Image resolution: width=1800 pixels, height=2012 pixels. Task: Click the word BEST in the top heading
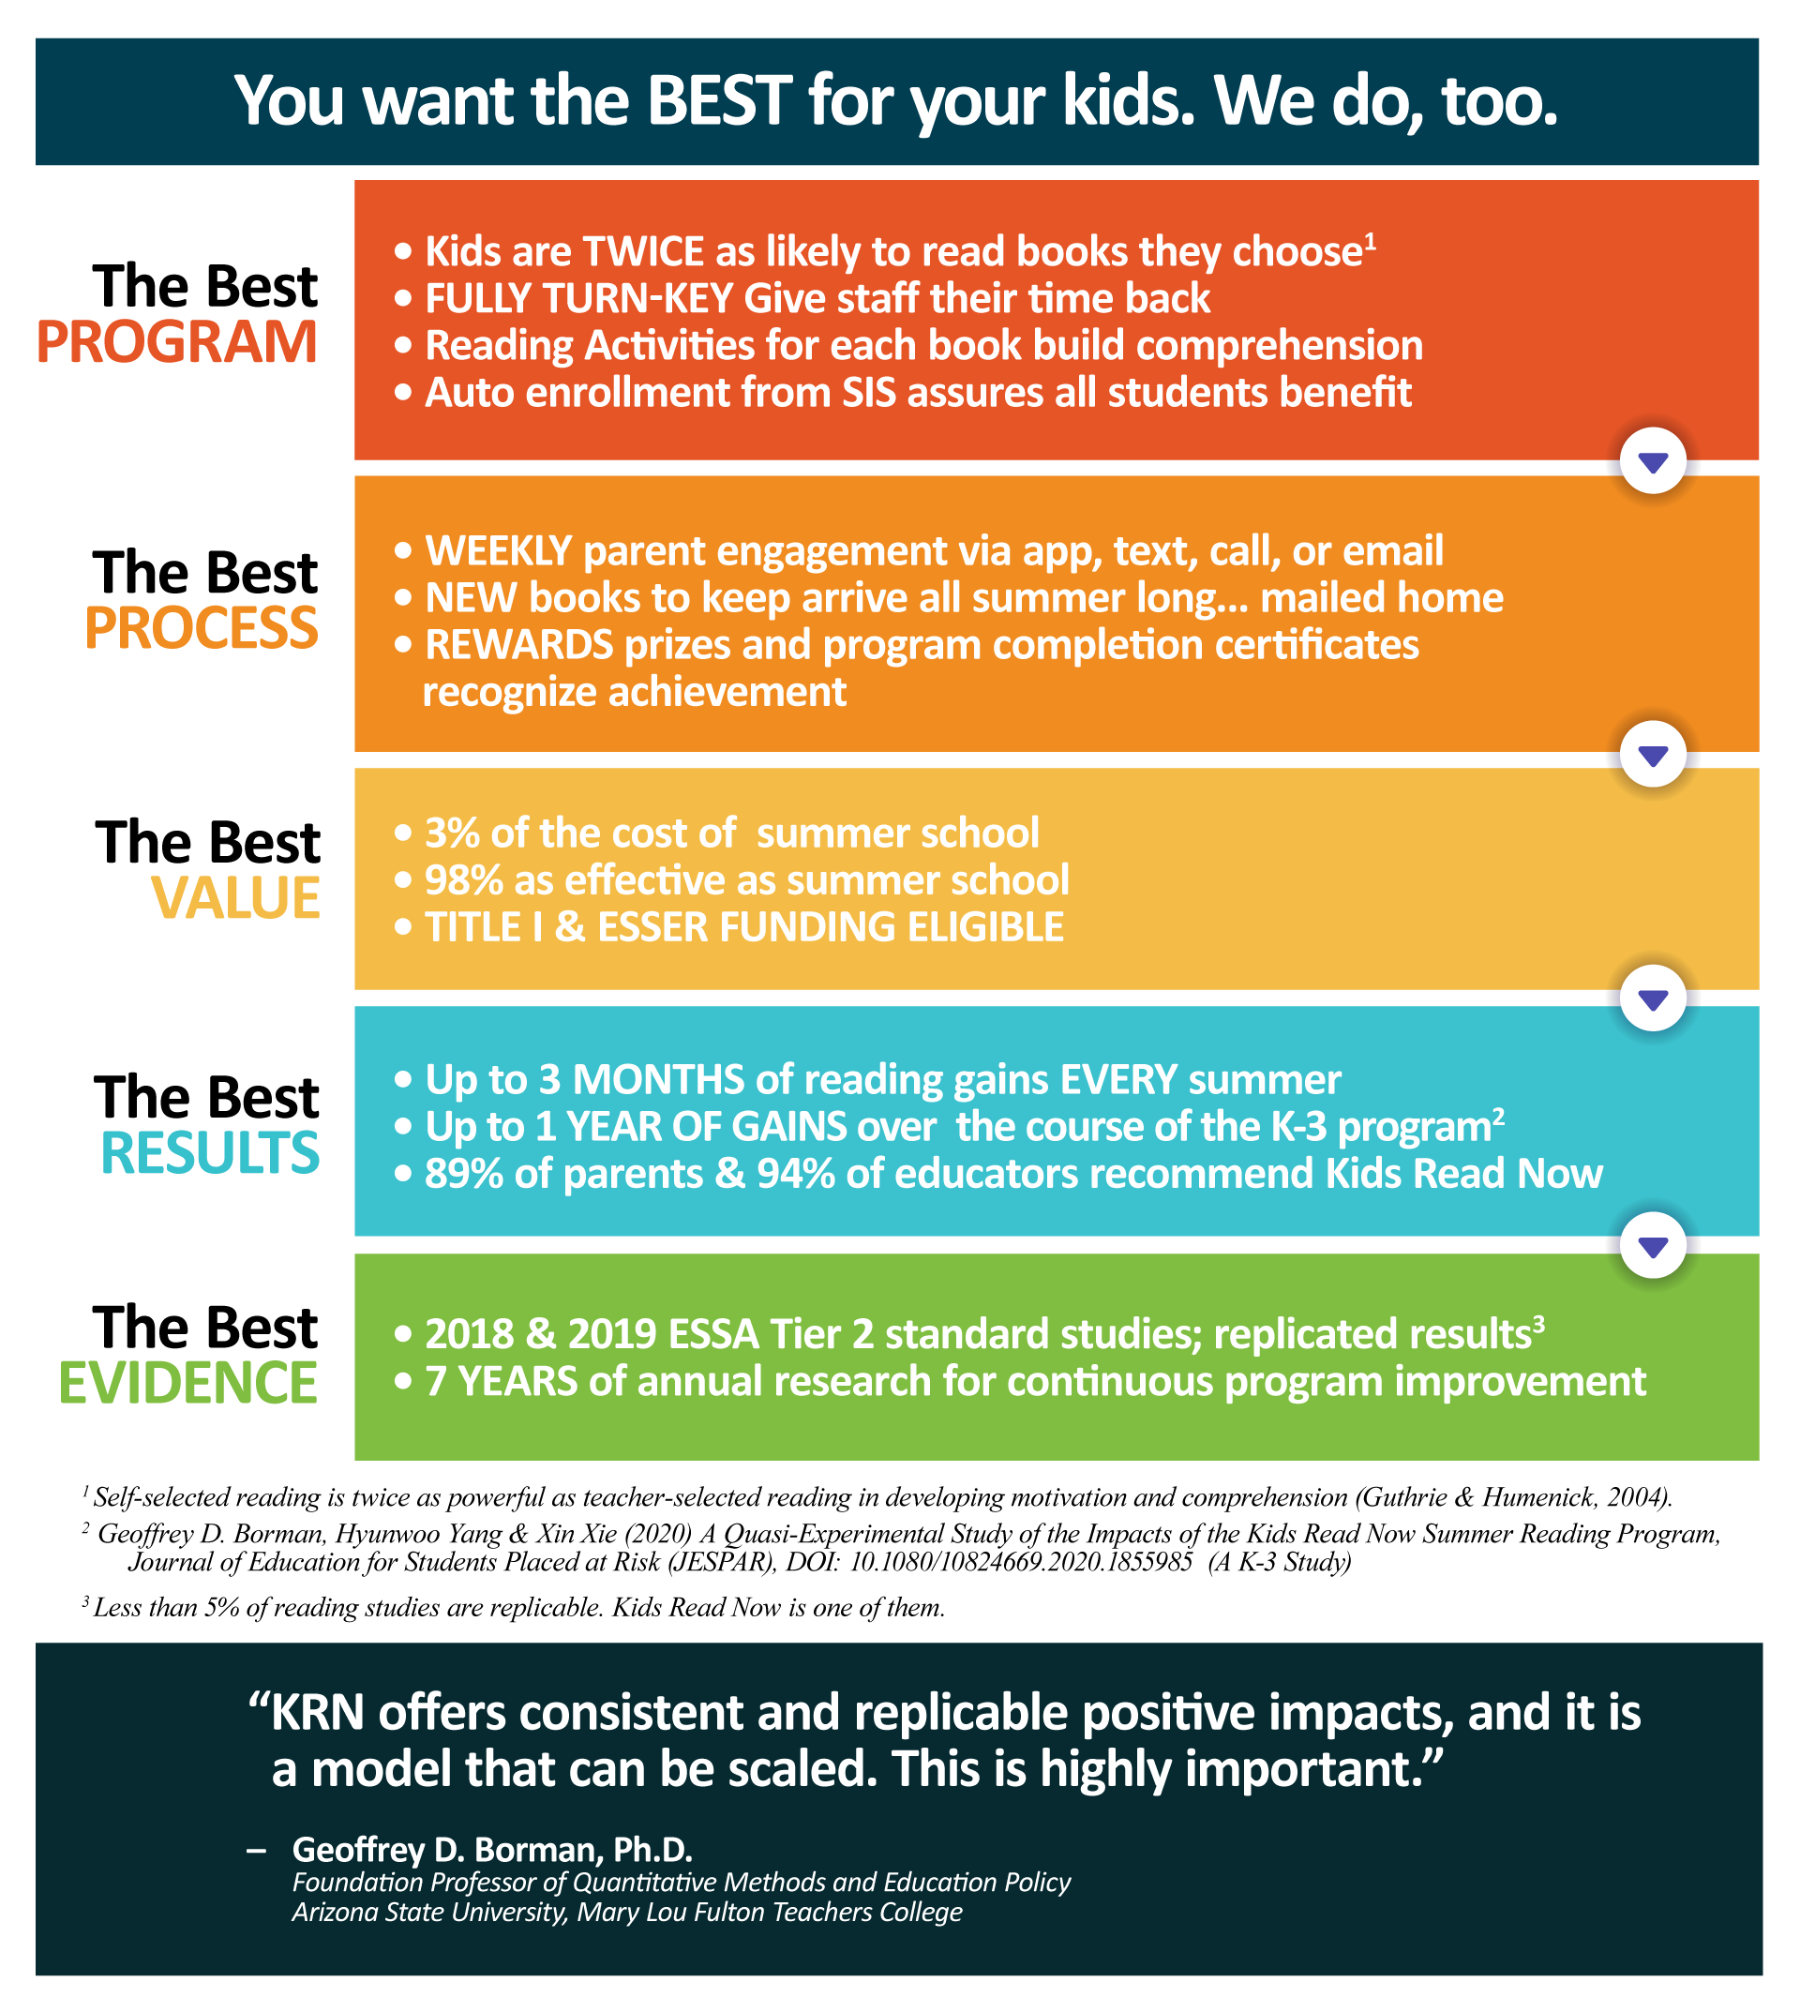(719, 101)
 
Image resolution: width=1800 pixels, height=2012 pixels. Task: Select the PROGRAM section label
(177, 341)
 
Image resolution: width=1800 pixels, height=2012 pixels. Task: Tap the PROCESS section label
(202, 627)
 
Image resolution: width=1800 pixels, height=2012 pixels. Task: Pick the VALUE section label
(235, 897)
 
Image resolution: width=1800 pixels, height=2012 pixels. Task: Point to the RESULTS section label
(211, 1152)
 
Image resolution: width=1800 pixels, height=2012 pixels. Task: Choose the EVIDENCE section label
(188, 1382)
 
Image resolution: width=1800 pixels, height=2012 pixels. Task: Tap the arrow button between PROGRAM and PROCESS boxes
(1653, 461)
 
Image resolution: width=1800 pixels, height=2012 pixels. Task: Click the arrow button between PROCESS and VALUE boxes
(1653, 755)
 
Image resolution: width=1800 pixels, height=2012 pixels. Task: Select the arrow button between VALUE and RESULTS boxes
(1653, 998)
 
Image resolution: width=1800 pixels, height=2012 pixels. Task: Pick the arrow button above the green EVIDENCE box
(1653, 1245)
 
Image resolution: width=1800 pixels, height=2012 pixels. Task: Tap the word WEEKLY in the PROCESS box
(499, 551)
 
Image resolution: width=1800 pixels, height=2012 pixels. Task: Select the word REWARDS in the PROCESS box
(519, 645)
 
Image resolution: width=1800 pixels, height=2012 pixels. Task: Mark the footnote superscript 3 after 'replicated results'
(1538, 1322)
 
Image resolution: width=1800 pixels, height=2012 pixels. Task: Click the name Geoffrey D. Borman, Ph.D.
(492, 1849)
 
